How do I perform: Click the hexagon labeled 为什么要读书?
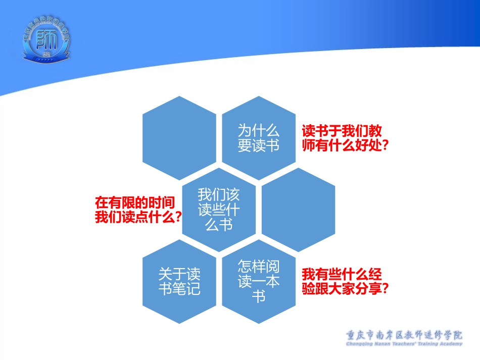point(259,138)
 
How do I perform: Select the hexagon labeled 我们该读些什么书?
point(218,209)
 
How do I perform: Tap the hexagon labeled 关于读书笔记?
point(179,281)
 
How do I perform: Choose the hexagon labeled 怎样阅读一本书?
point(259,281)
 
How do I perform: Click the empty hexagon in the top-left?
point(179,138)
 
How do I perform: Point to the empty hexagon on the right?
point(299,209)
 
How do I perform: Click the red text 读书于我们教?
point(342,131)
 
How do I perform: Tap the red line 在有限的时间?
point(135,203)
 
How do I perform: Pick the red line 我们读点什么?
point(138,217)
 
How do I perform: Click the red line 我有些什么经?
point(342,275)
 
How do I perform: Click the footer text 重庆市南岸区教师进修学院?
point(404,335)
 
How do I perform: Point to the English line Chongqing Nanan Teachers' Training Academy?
point(404,344)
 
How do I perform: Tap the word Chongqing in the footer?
point(360,344)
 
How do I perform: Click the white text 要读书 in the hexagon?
point(259,145)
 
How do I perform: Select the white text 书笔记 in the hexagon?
point(179,289)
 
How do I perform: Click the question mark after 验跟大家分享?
point(385,289)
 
